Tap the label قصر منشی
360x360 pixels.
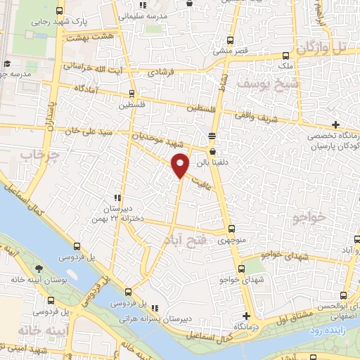pos(229,51)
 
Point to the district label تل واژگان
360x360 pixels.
pos(321,49)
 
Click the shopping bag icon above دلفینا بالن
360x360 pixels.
pos(212,150)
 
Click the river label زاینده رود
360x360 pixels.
pos(333,328)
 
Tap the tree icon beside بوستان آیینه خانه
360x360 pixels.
pos(39,269)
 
